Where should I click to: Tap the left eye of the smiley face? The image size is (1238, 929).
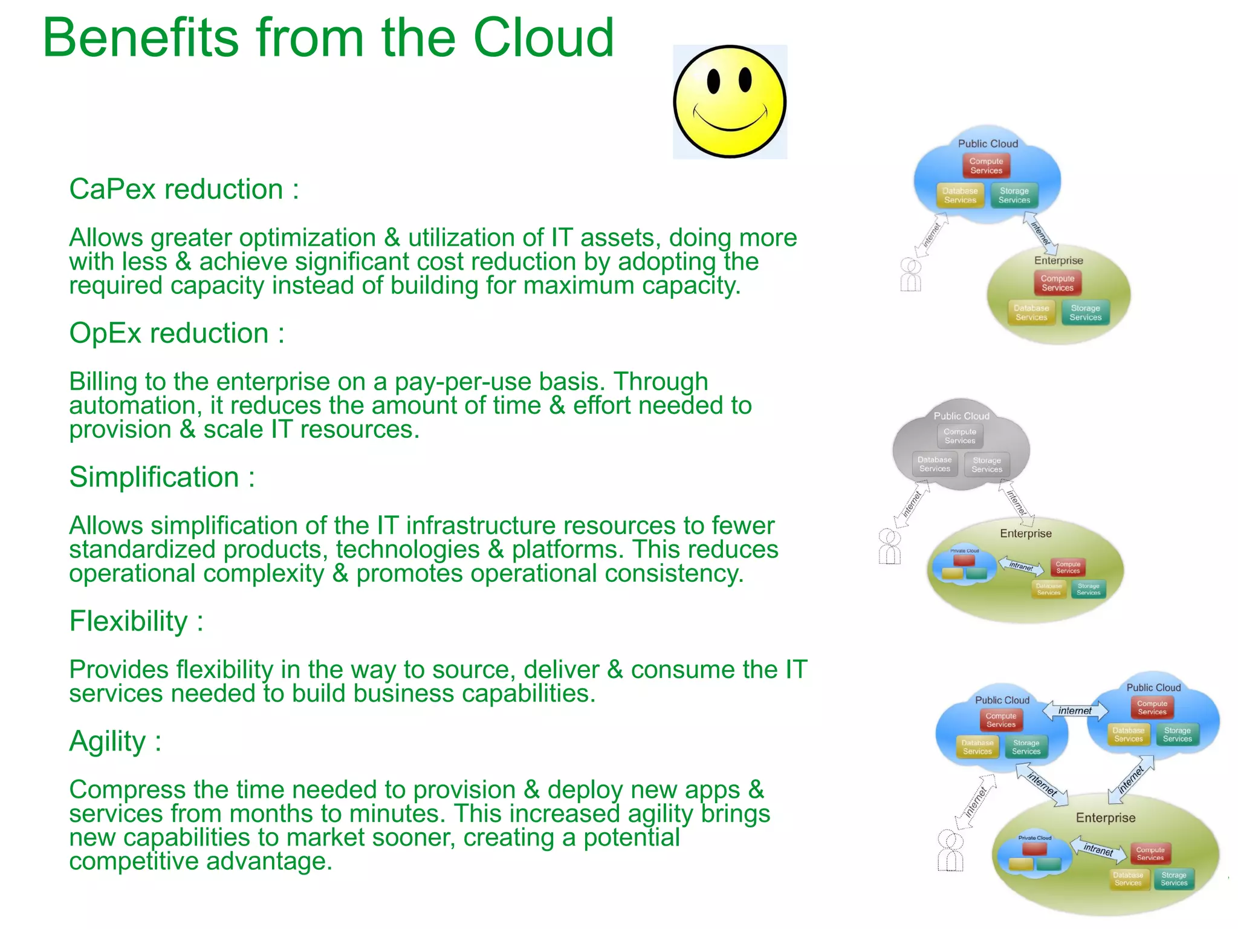(713, 82)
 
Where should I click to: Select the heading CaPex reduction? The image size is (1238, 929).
(183, 189)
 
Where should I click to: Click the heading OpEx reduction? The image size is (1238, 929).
(176, 333)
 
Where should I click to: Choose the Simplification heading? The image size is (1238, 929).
(161, 477)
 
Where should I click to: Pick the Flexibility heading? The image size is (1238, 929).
(135, 621)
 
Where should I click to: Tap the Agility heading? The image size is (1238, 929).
(115, 742)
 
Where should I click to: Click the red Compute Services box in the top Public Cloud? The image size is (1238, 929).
(986, 166)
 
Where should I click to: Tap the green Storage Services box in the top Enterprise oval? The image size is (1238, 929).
(1085, 313)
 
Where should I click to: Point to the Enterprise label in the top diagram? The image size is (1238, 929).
(1058, 261)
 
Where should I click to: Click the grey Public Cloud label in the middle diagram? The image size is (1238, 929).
(961, 416)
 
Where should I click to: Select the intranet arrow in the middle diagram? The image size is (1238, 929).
(1021, 566)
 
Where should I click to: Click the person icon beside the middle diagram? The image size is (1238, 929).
(890, 547)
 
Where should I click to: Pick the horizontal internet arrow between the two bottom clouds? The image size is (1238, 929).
(1075, 711)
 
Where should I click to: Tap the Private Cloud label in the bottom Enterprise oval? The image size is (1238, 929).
(1034, 838)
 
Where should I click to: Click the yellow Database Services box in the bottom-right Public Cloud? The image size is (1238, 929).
(1128, 734)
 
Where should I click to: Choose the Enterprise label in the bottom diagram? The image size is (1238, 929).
(1105, 818)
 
